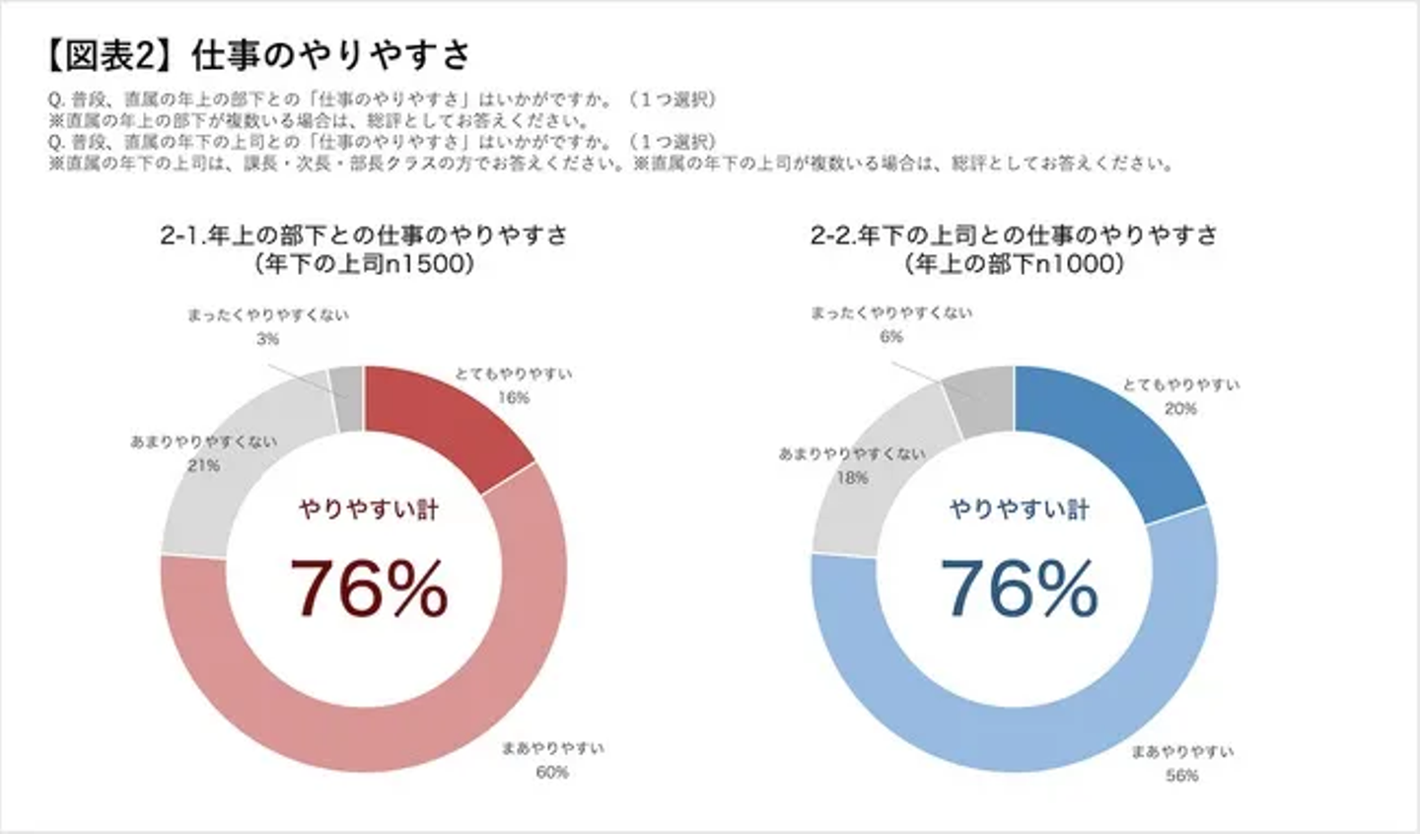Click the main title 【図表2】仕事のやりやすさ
coord(258,56)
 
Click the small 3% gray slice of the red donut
coord(347,397)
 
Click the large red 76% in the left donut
coord(368,589)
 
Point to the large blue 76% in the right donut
coord(1019,589)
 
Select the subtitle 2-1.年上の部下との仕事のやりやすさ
coord(364,237)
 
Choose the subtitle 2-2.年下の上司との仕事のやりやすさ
coord(1014,237)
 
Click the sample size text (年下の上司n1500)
coord(364,265)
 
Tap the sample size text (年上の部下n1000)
coord(1014,265)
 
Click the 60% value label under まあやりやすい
coord(552,772)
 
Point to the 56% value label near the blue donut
coord(1181,776)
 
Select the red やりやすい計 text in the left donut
coord(368,510)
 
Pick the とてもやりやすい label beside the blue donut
coord(1180,385)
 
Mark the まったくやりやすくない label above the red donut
coord(268,315)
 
